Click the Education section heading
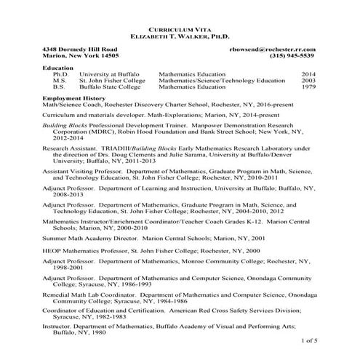point(58,68)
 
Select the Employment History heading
point(73,97)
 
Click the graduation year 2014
point(308,74)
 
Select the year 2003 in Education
point(308,81)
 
